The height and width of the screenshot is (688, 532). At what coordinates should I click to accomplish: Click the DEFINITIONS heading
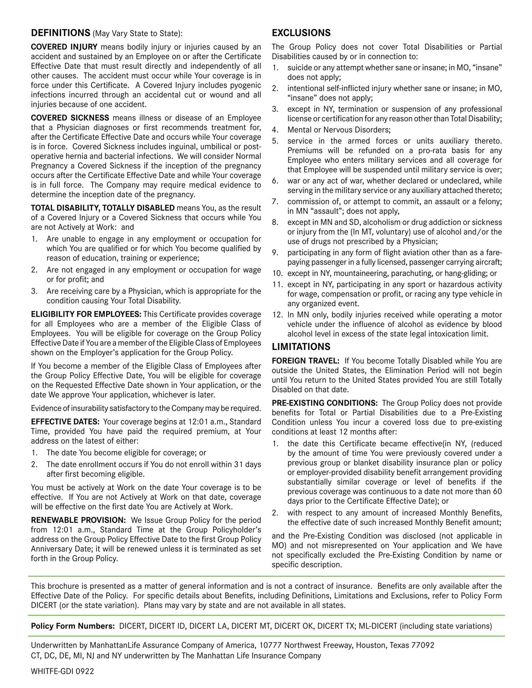[60, 33]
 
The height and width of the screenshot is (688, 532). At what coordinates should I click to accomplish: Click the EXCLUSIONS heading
[301, 33]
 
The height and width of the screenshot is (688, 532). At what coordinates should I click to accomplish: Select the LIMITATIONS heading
[301, 347]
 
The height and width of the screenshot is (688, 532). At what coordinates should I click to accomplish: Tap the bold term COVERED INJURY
[64, 47]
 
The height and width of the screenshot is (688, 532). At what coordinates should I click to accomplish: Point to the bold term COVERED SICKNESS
[70, 118]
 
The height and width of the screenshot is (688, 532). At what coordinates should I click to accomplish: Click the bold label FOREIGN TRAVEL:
[305, 361]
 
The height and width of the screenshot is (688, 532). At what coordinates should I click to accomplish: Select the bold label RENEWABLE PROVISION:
[78, 520]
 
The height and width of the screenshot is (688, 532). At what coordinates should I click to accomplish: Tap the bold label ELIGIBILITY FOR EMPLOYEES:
[86, 314]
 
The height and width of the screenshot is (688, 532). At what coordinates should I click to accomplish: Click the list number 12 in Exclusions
[277, 315]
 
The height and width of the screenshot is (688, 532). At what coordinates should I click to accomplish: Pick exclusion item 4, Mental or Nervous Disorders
[339, 130]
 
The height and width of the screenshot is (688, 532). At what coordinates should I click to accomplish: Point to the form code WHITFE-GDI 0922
[62, 671]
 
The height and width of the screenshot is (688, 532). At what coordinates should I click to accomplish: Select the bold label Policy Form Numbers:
[73, 626]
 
